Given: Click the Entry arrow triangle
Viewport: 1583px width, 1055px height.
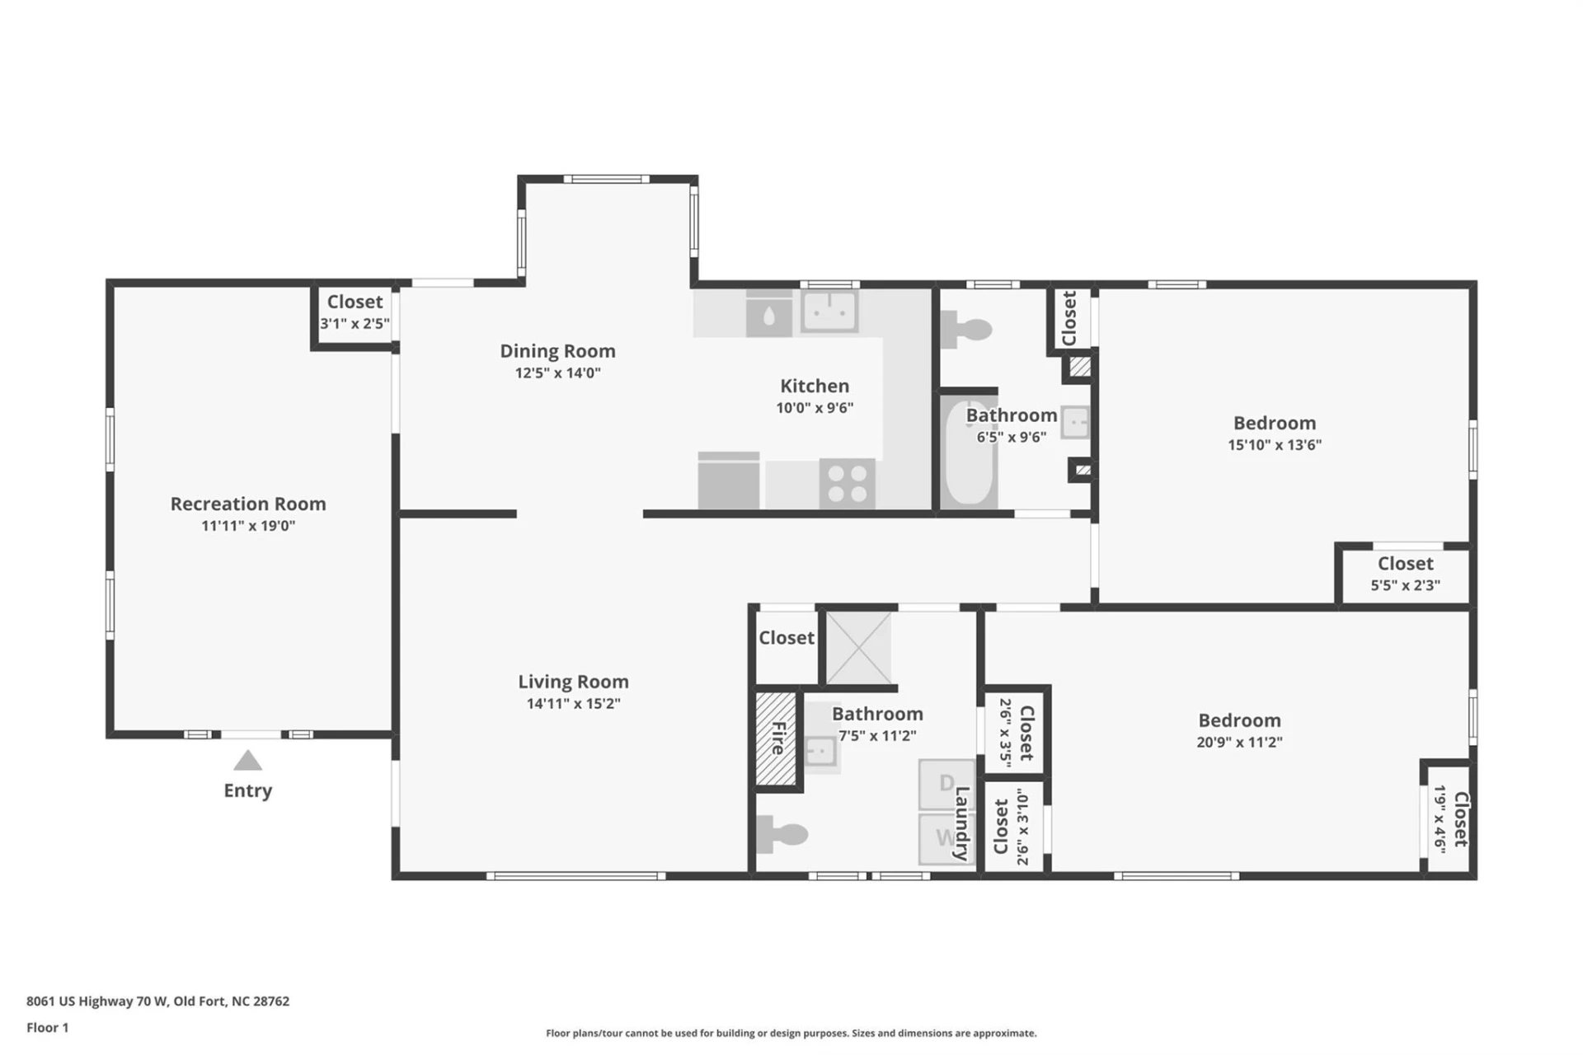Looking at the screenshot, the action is (x=247, y=760).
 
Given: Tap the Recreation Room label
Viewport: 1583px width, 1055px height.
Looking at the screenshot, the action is (x=248, y=504).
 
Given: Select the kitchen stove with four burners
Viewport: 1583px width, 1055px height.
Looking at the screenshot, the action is (x=847, y=484).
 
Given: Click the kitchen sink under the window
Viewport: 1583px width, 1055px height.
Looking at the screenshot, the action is (x=829, y=312).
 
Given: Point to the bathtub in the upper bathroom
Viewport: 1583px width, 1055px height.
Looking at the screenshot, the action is (x=969, y=453).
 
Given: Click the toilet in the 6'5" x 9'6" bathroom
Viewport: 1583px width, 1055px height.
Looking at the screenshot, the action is (x=965, y=330).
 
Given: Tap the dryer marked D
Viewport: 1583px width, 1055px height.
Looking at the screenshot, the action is (x=947, y=784).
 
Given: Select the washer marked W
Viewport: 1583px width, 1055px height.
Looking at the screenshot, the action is (x=947, y=838).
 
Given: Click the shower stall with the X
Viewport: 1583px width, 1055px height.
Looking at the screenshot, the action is (x=858, y=648).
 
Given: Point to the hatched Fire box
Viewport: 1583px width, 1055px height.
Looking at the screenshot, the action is (x=776, y=738).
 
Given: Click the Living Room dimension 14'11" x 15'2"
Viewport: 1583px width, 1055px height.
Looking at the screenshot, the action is (x=574, y=704).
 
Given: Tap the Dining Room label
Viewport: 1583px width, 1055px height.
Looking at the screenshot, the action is (x=558, y=351).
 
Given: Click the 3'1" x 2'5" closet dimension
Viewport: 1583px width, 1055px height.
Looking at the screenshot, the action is (x=355, y=324).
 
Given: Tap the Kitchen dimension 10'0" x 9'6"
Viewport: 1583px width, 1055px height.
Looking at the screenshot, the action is (x=815, y=408).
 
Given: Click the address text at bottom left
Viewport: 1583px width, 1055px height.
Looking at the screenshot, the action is (x=158, y=1001).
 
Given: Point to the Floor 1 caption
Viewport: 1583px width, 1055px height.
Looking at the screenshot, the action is (x=48, y=1028).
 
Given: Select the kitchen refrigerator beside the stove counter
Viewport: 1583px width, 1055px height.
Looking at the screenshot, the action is (x=729, y=481).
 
